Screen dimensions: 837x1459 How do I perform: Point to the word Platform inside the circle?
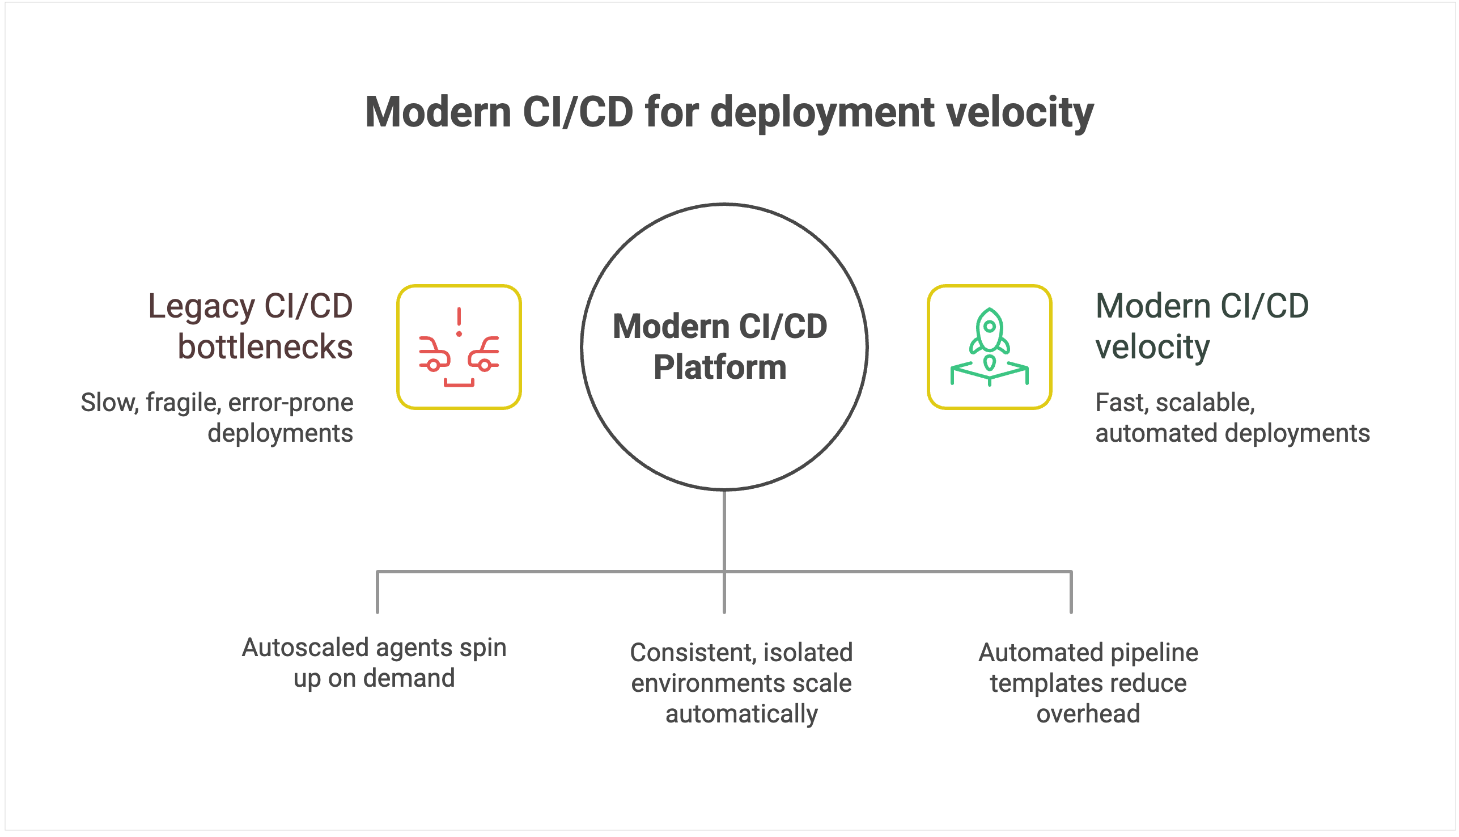coord(719,367)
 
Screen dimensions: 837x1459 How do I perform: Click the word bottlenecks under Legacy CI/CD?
coord(265,346)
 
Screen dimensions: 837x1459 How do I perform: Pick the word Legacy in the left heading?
coord(201,306)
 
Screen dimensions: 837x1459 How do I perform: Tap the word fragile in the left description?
coord(183,403)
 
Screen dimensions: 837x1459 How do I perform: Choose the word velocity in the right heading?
coord(1152,346)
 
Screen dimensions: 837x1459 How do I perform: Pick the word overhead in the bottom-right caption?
coord(1088,714)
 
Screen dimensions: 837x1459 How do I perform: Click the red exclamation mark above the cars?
coord(459,322)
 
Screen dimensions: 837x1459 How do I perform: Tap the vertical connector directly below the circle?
coord(724,529)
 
